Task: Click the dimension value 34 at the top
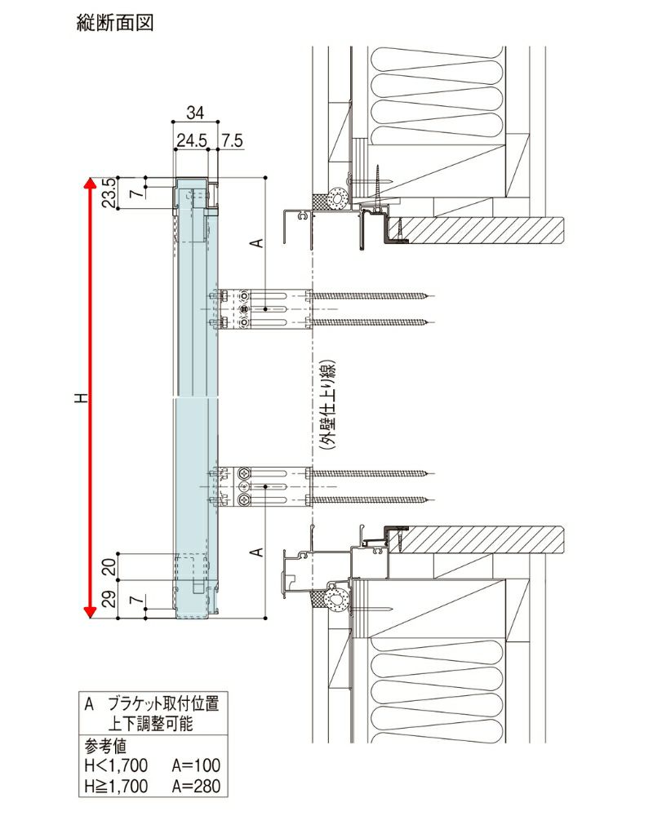coord(194,112)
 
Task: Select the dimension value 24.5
coord(190,140)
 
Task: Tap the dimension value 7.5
coord(232,140)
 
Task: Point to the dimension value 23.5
coord(106,193)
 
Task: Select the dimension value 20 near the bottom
coord(106,565)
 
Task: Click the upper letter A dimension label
coord(255,242)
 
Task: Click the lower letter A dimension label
coord(255,552)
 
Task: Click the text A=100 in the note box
coord(196,766)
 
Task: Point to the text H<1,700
coord(115,766)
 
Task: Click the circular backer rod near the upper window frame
coord(336,197)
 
